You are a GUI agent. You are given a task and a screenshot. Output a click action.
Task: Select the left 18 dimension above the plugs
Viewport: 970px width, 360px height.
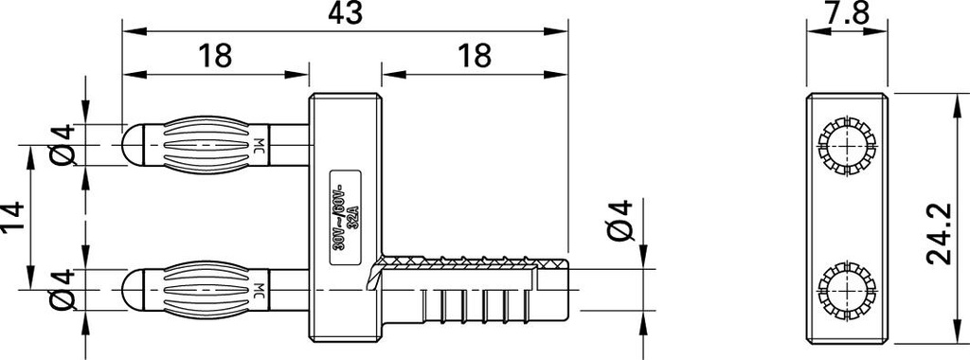pos(216,56)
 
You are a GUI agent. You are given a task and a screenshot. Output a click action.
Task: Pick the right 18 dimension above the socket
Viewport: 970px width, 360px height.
pos(474,56)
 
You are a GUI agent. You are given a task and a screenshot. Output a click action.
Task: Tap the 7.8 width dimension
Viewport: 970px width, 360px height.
pos(845,14)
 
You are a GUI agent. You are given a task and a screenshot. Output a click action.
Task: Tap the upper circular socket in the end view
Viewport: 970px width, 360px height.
pos(846,147)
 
